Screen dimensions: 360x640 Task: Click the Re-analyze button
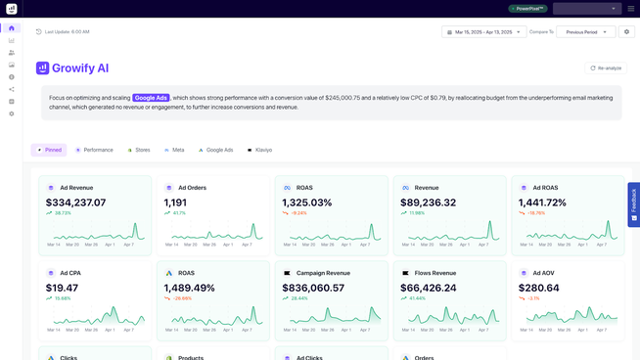606,68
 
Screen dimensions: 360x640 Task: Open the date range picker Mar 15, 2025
483,32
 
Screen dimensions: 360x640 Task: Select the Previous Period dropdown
586,32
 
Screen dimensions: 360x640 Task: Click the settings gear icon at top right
627,32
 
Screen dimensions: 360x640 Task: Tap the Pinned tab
49,150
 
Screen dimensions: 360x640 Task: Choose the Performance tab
94,150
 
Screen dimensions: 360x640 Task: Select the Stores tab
139,150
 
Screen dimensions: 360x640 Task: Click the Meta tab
174,150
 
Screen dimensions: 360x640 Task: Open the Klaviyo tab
259,150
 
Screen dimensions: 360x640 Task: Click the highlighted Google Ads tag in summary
152,98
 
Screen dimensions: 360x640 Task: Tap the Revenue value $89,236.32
429,202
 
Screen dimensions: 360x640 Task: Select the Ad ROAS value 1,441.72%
542,202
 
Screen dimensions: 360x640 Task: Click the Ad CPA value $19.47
62,288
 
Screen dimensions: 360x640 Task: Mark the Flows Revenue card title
435,273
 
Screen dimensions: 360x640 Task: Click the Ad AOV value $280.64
539,288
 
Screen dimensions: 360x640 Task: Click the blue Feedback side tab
633,204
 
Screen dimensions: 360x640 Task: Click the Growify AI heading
80,68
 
